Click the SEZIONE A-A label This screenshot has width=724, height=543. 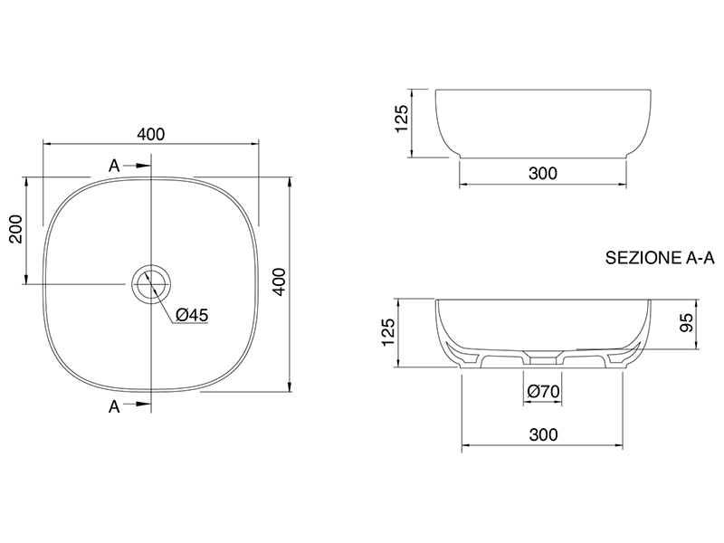(660, 258)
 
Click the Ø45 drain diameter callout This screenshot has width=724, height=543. (192, 315)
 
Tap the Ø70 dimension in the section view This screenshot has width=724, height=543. (543, 392)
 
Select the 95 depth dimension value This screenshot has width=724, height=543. (687, 323)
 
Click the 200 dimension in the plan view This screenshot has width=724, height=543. (16, 229)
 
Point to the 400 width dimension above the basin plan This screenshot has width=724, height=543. (150, 134)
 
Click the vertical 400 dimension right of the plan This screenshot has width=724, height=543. (280, 281)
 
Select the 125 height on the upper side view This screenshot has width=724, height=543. (402, 119)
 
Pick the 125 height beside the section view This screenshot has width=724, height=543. (388, 332)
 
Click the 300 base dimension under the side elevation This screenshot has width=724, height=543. (543, 173)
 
